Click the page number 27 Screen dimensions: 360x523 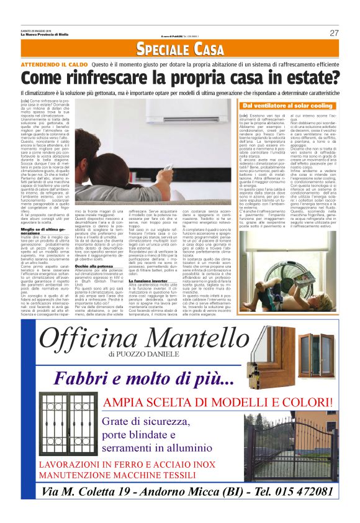point(334,33)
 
